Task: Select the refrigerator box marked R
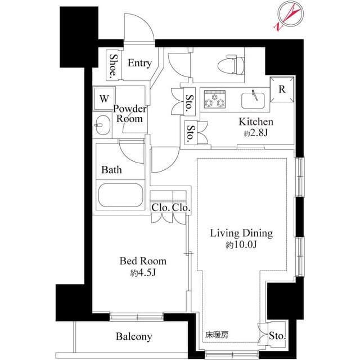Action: [282, 89]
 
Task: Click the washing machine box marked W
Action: [104, 98]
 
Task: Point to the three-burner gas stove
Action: [215, 100]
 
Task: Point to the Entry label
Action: [139, 63]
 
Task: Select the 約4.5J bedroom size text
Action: [142, 273]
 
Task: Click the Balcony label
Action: [134, 337]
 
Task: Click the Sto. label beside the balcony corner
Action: [277, 337]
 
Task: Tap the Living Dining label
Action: [241, 233]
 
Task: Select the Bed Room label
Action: [142, 261]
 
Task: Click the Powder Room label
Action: [130, 114]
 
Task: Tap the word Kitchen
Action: [256, 122]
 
